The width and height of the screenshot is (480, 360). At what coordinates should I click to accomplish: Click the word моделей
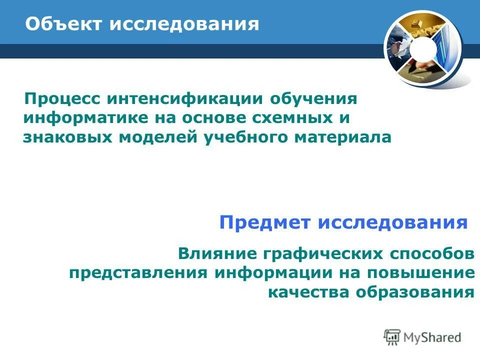click(160, 137)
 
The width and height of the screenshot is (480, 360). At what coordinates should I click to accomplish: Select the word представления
click(138, 273)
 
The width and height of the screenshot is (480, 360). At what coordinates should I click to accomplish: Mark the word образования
click(414, 292)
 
